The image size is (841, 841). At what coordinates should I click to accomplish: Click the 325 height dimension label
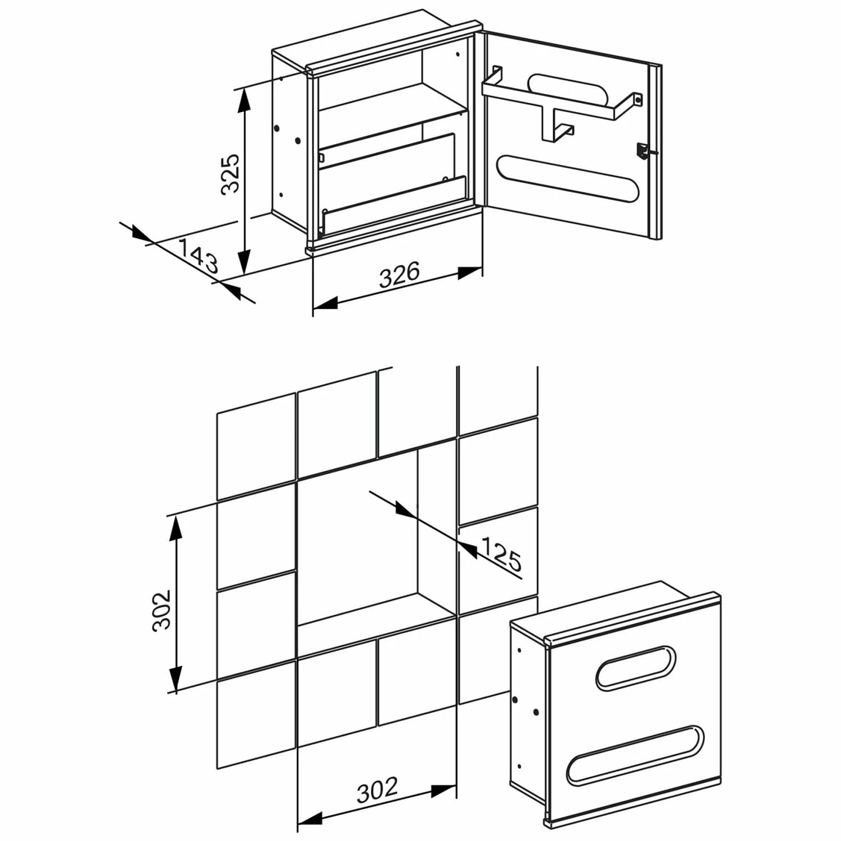[x=230, y=174]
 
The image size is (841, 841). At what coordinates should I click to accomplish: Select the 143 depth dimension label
[x=197, y=255]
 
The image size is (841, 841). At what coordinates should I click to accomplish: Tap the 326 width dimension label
[x=399, y=275]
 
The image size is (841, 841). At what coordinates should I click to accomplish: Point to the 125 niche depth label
[x=501, y=553]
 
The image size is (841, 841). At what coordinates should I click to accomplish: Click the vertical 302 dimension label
[x=161, y=610]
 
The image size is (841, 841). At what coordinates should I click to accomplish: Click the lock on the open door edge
[x=641, y=152]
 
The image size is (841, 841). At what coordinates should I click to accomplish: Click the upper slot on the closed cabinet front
[x=636, y=667]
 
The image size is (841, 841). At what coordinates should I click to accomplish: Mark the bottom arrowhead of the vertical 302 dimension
[x=176, y=679]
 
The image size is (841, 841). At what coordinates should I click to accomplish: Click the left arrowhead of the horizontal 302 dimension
[x=309, y=818]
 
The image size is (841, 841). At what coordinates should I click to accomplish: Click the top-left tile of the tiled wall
[x=256, y=446]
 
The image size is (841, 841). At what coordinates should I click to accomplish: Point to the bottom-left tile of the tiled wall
[x=256, y=715]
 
